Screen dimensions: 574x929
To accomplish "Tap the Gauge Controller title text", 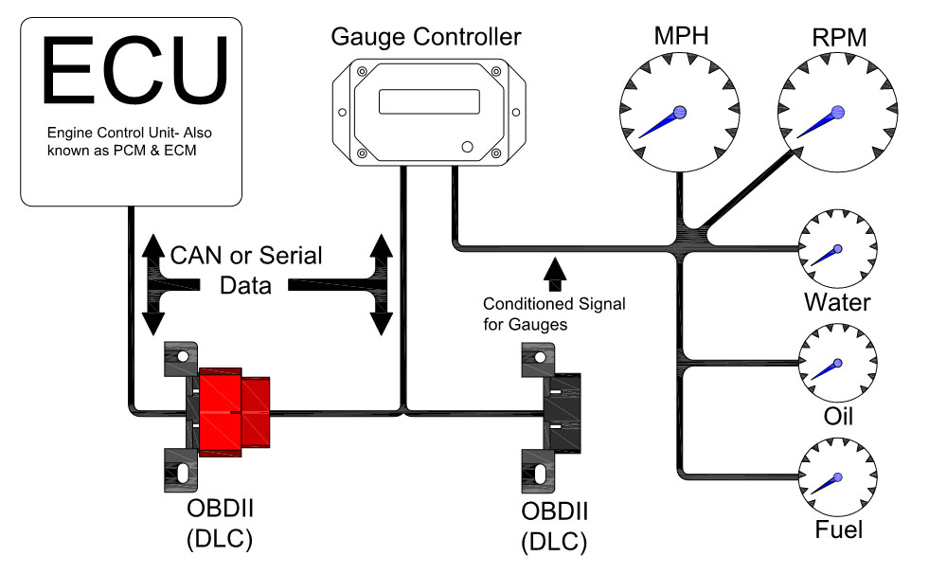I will (x=425, y=38).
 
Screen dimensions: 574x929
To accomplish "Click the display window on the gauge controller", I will (x=426, y=101).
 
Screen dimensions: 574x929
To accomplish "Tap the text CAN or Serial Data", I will (x=246, y=270).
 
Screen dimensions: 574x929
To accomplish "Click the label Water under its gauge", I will (x=837, y=303).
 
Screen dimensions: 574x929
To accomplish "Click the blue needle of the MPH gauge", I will (x=661, y=123).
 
